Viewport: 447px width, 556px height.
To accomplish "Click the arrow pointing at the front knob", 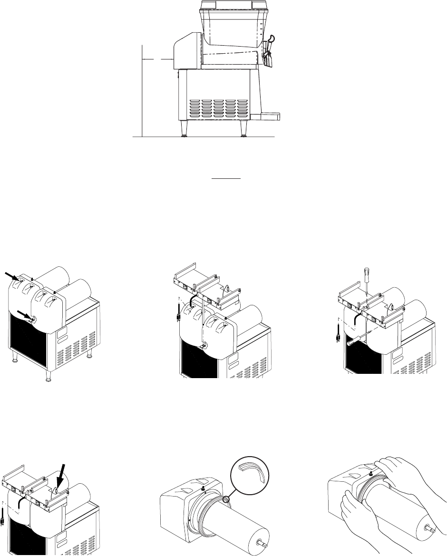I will pos(23,314).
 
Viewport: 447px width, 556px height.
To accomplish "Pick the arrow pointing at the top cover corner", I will pos(11,275).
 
